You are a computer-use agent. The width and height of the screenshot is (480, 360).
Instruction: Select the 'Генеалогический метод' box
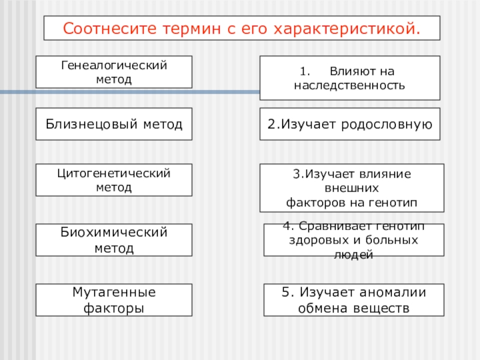tap(114, 72)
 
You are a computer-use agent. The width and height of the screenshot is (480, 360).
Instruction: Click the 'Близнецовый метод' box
tap(114, 124)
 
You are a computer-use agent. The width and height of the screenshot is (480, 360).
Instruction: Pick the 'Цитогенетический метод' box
tap(114, 180)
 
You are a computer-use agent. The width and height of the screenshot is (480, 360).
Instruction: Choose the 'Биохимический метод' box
tap(114, 240)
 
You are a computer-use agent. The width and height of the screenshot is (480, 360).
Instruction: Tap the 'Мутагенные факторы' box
tap(114, 300)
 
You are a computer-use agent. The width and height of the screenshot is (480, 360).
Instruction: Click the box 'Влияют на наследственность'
tap(350, 78)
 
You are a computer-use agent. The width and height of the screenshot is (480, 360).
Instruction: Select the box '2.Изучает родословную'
tap(350, 124)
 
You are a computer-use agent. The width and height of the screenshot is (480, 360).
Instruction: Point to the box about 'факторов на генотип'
tap(352, 188)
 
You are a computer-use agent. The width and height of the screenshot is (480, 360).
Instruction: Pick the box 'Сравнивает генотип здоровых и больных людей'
tap(354, 240)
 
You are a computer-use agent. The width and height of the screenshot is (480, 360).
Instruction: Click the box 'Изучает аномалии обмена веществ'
tap(354, 300)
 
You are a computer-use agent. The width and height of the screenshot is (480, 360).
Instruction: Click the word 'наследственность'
tap(350, 86)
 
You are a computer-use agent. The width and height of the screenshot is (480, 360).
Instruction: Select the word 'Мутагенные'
tap(114, 292)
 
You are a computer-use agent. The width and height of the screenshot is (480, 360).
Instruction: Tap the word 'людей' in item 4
tap(354, 255)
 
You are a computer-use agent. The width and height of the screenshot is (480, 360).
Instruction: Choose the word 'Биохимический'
tap(114, 232)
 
